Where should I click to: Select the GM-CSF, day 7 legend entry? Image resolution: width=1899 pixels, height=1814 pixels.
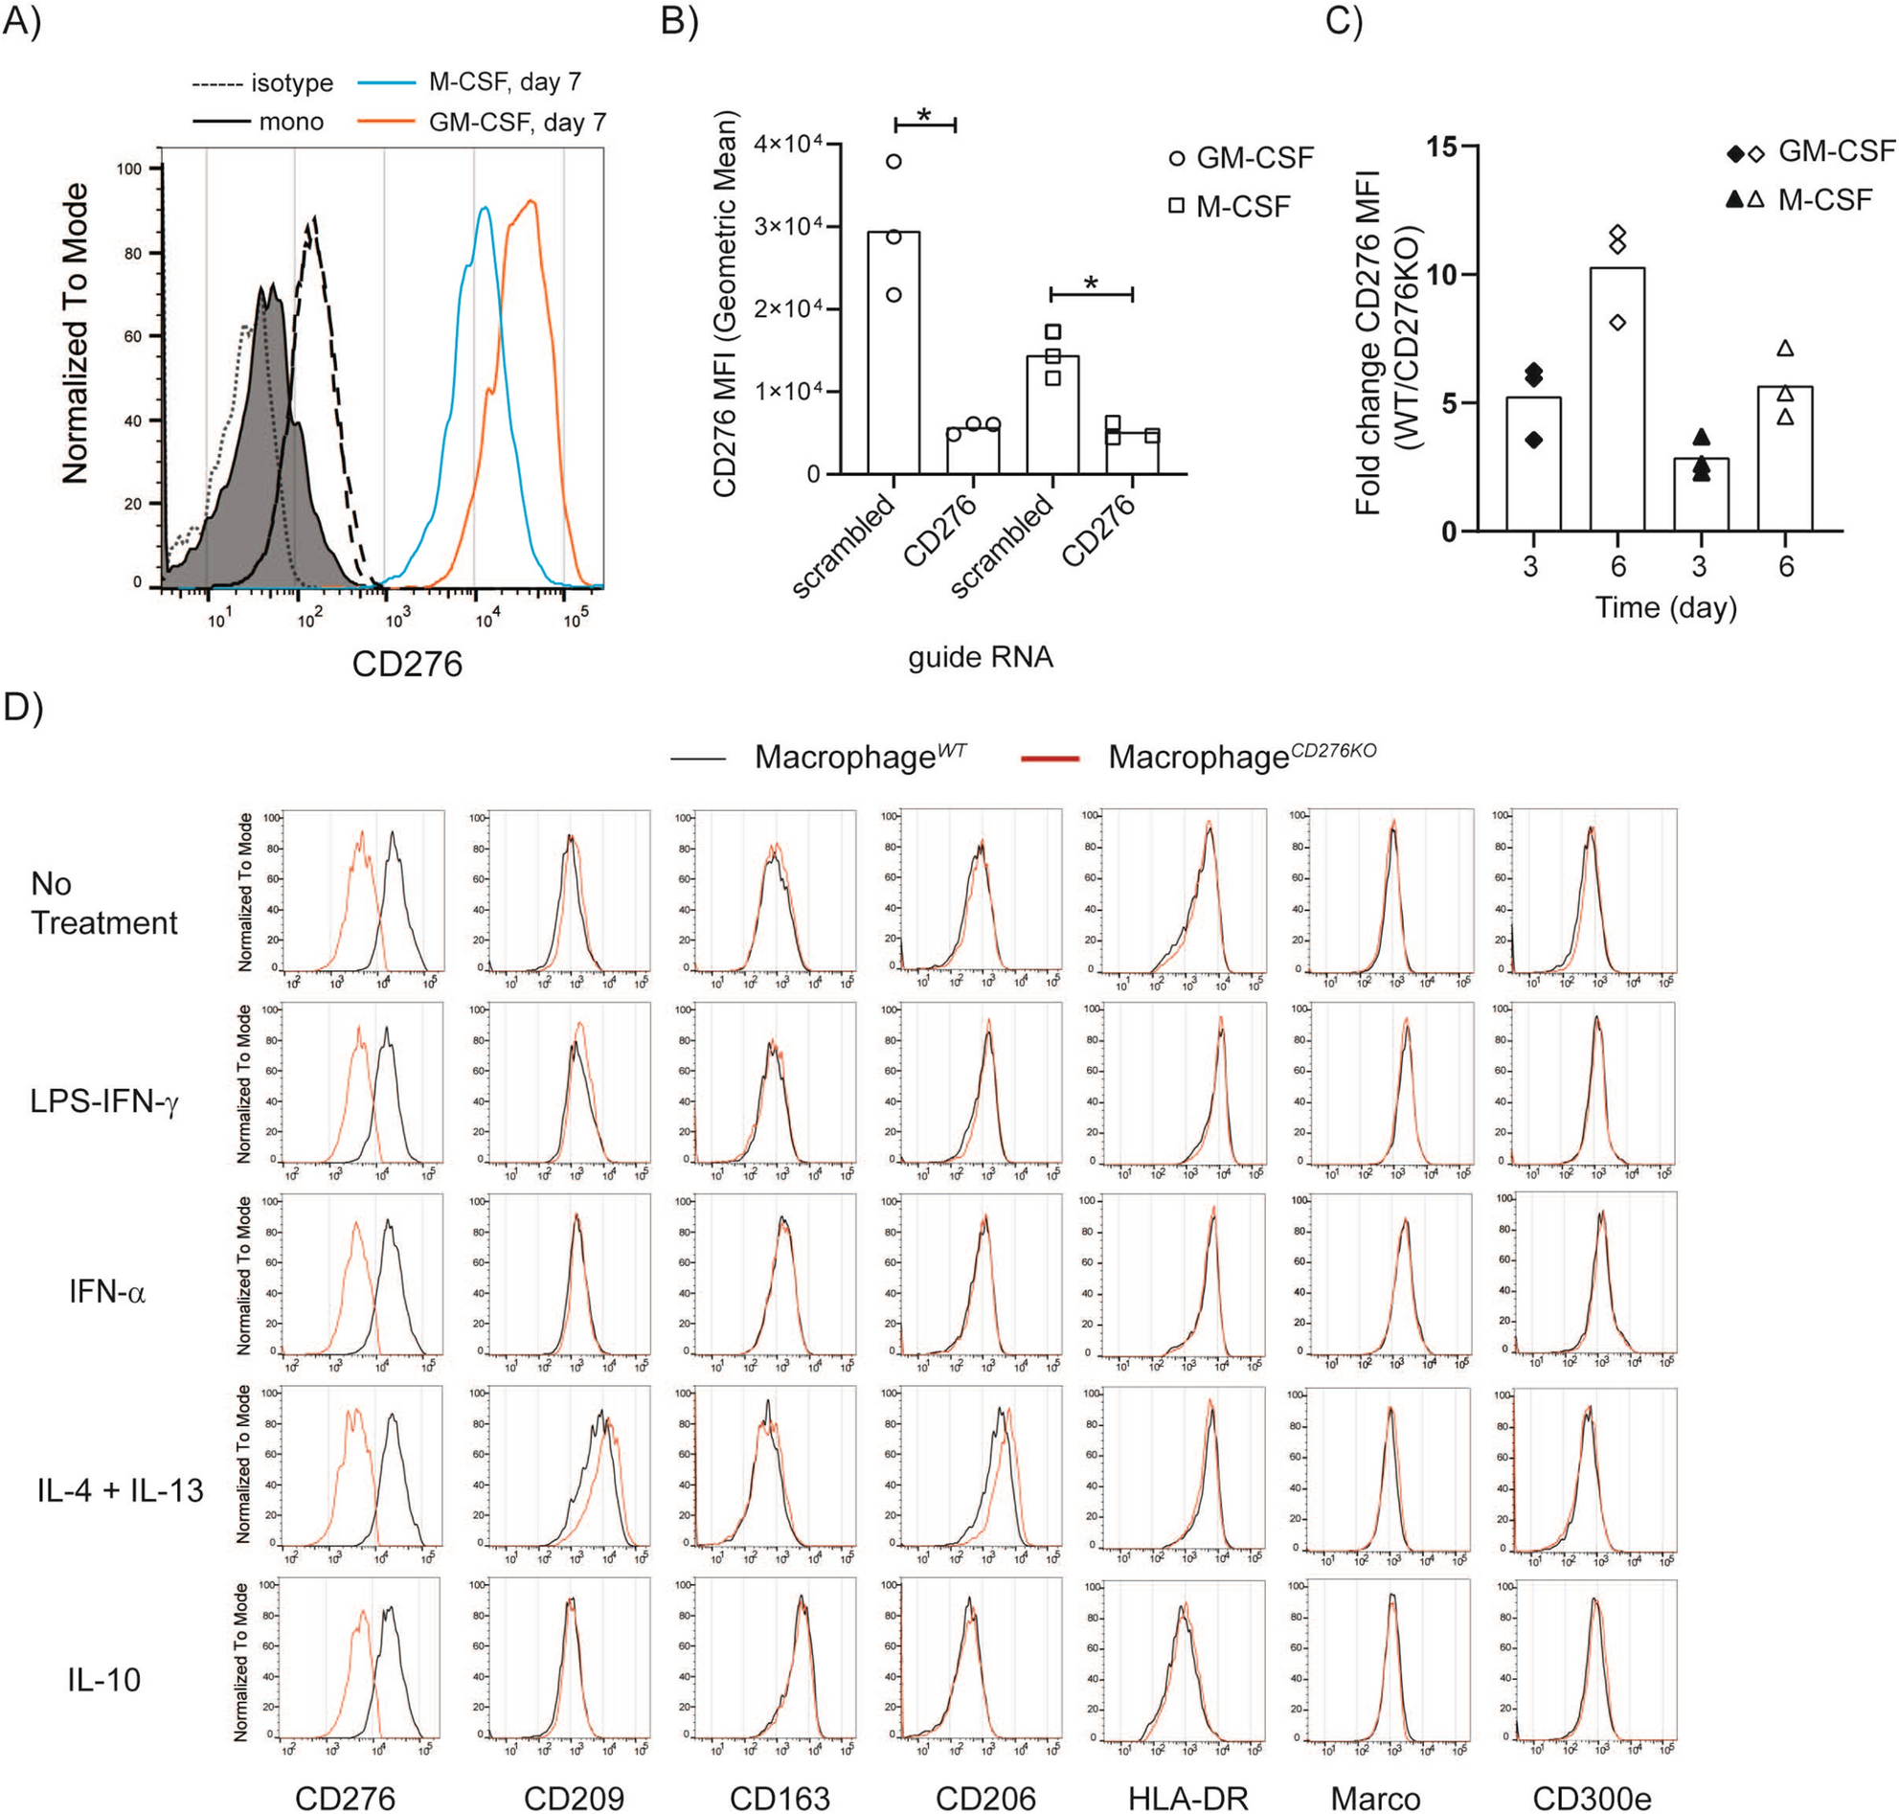516,123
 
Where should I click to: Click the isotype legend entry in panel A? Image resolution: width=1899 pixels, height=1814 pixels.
291,83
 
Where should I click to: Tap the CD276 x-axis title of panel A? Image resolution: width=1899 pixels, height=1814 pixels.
406,665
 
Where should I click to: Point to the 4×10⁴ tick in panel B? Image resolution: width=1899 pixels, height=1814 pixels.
788,144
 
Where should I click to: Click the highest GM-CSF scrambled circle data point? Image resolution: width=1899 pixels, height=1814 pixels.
893,161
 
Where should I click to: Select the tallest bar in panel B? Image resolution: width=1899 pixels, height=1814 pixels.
893,353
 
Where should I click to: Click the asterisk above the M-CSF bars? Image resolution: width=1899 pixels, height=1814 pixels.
1091,283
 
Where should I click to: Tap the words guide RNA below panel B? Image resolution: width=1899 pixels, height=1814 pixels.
980,658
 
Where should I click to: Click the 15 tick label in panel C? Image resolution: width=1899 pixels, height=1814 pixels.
1440,147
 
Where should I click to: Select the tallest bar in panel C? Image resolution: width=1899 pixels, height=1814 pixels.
1616,398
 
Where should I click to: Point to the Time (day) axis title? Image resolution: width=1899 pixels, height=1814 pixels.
1665,607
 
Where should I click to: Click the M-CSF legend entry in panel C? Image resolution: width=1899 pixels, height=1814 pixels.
1823,200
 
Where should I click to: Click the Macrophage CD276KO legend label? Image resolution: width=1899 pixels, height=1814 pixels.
1241,757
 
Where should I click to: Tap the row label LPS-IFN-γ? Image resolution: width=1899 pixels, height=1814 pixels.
104,1100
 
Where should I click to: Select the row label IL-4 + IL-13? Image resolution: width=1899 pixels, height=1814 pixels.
120,1490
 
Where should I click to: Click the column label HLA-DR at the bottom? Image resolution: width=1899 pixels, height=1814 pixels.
1187,1798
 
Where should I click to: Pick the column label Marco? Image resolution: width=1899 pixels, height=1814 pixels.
1375,1798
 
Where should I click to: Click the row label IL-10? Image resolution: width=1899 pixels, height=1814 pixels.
103,1680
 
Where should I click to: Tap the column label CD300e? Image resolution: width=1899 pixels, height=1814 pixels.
1592,1798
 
